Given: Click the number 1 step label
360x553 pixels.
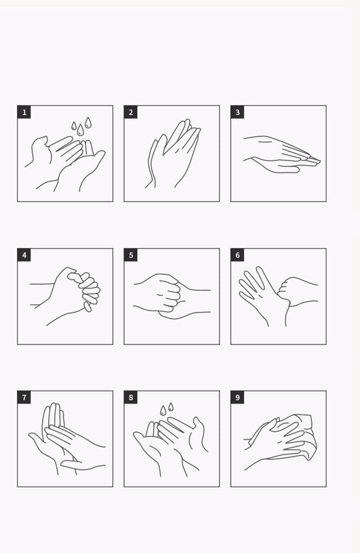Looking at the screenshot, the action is click(x=24, y=112).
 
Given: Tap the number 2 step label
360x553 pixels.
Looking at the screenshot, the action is click(x=131, y=112).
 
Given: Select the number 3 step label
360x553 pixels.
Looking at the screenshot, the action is click(x=237, y=112).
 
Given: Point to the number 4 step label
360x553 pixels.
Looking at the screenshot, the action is click(x=24, y=255).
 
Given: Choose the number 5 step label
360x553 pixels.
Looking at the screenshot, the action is click(x=131, y=255).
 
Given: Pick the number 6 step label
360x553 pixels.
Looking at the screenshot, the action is click(x=237, y=255).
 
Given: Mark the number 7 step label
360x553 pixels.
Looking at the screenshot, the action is click(x=24, y=397).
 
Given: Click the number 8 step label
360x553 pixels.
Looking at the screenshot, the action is click(x=131, y=397).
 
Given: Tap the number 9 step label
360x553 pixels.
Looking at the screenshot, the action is click(x=237, y=397).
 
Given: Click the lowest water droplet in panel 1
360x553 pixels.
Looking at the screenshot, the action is click(x=80, y=130).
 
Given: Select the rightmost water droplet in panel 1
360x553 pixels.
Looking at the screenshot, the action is click(x=88, y=123).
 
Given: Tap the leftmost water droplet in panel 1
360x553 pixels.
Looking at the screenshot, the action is click(x=73, y=126).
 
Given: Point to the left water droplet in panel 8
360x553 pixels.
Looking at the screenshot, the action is click(x=163, y=410).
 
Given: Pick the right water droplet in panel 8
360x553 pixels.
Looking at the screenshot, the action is click(x=170, y=407).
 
